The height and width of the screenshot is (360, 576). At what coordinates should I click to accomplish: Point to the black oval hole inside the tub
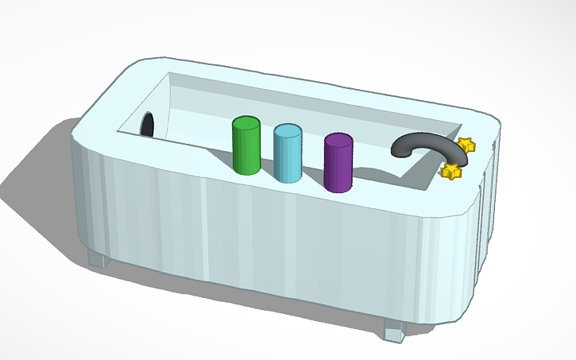pos(148,124)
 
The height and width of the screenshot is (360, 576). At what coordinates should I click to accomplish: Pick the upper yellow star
pos(467,145)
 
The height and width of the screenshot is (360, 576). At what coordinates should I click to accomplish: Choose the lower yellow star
pos(451,172)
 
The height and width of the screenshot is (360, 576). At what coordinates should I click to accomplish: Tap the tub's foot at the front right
pos(393,329)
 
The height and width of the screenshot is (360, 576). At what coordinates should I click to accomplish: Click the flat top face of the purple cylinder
pos(338,140)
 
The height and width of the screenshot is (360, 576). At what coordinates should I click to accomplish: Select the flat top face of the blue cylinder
pos(288,130)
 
